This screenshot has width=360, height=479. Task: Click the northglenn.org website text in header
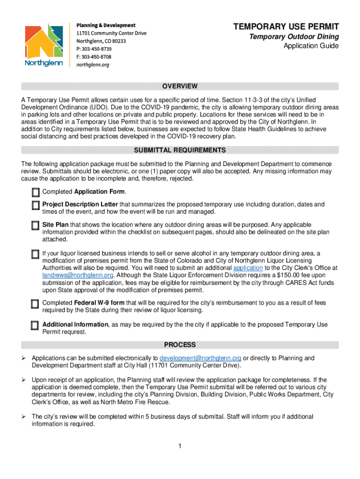tap(93, 65)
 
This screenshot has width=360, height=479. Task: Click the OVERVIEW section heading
tap(180, 87)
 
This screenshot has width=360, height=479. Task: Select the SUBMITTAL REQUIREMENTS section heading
tap(180, 150)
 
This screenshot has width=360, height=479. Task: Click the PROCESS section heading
tap(180, 345)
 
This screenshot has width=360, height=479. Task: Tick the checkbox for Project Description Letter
tap(36, 205)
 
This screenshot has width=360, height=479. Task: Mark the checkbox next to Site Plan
tap(36, 226)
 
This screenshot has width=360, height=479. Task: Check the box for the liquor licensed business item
tap(36, 254)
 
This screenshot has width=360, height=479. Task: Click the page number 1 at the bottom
tap(180, 446)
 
